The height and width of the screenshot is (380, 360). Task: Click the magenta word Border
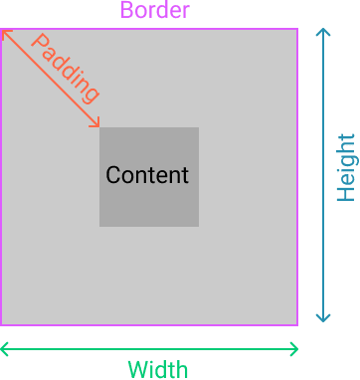154,12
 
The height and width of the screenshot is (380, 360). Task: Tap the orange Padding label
66,68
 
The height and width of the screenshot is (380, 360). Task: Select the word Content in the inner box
147,175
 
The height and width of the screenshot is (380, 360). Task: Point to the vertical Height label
345,167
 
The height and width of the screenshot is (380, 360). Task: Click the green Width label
157,370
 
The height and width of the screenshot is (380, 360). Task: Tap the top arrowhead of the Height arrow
322,32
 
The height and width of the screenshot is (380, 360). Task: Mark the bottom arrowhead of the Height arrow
322,320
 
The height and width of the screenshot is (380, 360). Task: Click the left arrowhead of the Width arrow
3,349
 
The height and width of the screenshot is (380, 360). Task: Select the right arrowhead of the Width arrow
295,349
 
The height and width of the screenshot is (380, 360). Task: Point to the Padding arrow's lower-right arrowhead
98,125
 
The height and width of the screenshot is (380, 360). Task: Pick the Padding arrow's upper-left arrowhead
3,32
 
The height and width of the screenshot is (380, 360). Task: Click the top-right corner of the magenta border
296,29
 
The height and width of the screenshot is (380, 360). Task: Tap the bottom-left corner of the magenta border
1,324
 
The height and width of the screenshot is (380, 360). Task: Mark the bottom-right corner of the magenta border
296,324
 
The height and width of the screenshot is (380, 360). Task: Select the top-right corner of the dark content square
198,128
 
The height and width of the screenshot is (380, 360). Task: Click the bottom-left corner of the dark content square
100,226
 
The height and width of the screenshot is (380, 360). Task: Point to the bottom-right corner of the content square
198,226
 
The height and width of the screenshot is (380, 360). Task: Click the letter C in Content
112,175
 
